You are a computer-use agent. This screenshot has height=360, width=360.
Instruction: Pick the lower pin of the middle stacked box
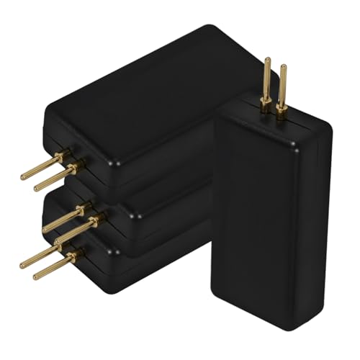tap(72, 232)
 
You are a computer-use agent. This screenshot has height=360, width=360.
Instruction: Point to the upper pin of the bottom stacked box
tap(40, 257)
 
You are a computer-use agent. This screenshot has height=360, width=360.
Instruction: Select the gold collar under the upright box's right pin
tap(282, 109)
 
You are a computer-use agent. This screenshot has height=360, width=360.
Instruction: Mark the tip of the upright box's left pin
tap(266, 60)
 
